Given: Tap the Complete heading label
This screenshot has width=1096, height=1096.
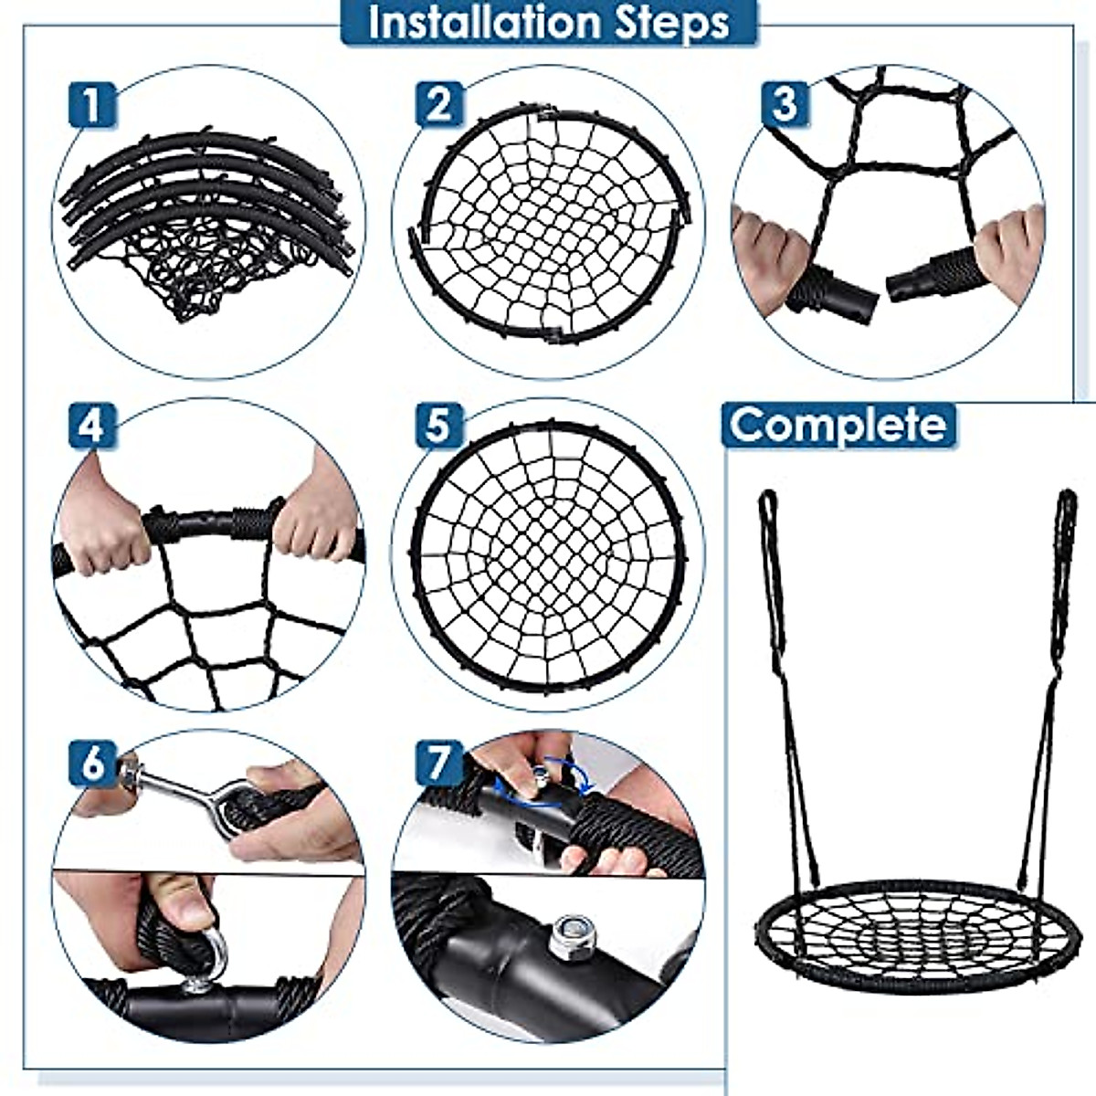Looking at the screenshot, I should [x=838, y=425].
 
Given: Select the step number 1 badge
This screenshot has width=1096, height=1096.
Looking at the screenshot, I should [x=92, y=104].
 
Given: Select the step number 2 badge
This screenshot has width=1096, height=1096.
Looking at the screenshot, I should [x=439, y=104].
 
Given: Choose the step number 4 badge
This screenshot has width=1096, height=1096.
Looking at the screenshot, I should [x=92, y=427].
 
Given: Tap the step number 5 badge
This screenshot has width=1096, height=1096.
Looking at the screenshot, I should [x=439, y=427].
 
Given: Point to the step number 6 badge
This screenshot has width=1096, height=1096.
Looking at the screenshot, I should [x=92, y=763].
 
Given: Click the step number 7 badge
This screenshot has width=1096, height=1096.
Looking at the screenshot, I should [x=439, y=763].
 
